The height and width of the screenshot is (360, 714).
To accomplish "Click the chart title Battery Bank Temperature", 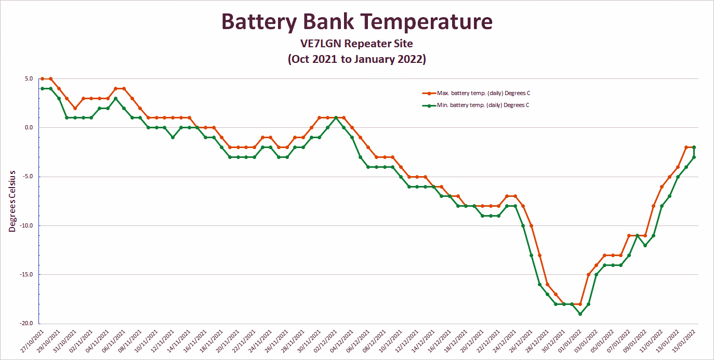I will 356,22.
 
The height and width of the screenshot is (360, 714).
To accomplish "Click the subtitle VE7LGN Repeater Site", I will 356,44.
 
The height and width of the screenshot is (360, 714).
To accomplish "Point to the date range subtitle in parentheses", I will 356,59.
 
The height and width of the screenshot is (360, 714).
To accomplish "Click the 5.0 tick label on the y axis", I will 28,79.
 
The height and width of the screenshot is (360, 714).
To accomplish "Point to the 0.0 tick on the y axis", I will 28,128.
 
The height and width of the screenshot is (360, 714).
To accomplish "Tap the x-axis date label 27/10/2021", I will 32,341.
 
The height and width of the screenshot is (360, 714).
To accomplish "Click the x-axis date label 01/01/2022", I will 567,341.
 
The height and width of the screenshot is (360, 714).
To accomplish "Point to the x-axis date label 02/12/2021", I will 324,341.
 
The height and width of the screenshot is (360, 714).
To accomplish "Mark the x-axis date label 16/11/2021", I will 194,341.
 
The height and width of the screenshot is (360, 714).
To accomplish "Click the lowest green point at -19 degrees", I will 580,314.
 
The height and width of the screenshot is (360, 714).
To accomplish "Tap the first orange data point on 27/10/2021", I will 43,79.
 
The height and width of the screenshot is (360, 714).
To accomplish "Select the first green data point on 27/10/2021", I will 43,88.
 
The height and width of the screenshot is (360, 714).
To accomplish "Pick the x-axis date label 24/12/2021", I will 503,341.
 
